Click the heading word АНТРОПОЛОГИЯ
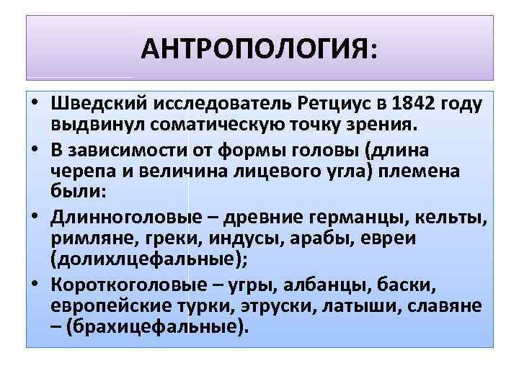click(255, 49)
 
